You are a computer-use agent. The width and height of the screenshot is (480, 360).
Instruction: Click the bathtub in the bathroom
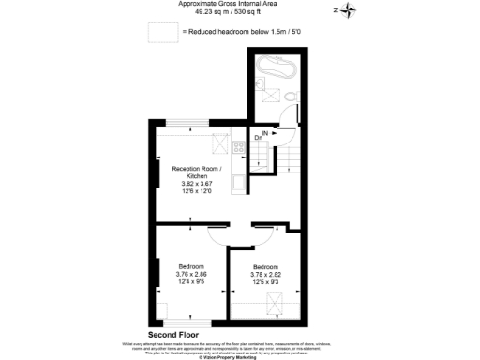click(x=276, y=67)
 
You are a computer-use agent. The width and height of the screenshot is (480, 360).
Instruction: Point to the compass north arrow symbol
click(x=349, y=11)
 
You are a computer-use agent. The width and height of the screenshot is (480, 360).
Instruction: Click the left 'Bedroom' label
click(x=191, y=266)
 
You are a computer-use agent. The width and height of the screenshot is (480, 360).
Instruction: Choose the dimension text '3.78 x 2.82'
click(x=265, y=275)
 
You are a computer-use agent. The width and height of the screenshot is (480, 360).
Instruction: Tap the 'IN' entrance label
click(x=265, y=134)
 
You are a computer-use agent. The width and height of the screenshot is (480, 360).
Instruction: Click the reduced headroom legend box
click(x=163, y=33)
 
